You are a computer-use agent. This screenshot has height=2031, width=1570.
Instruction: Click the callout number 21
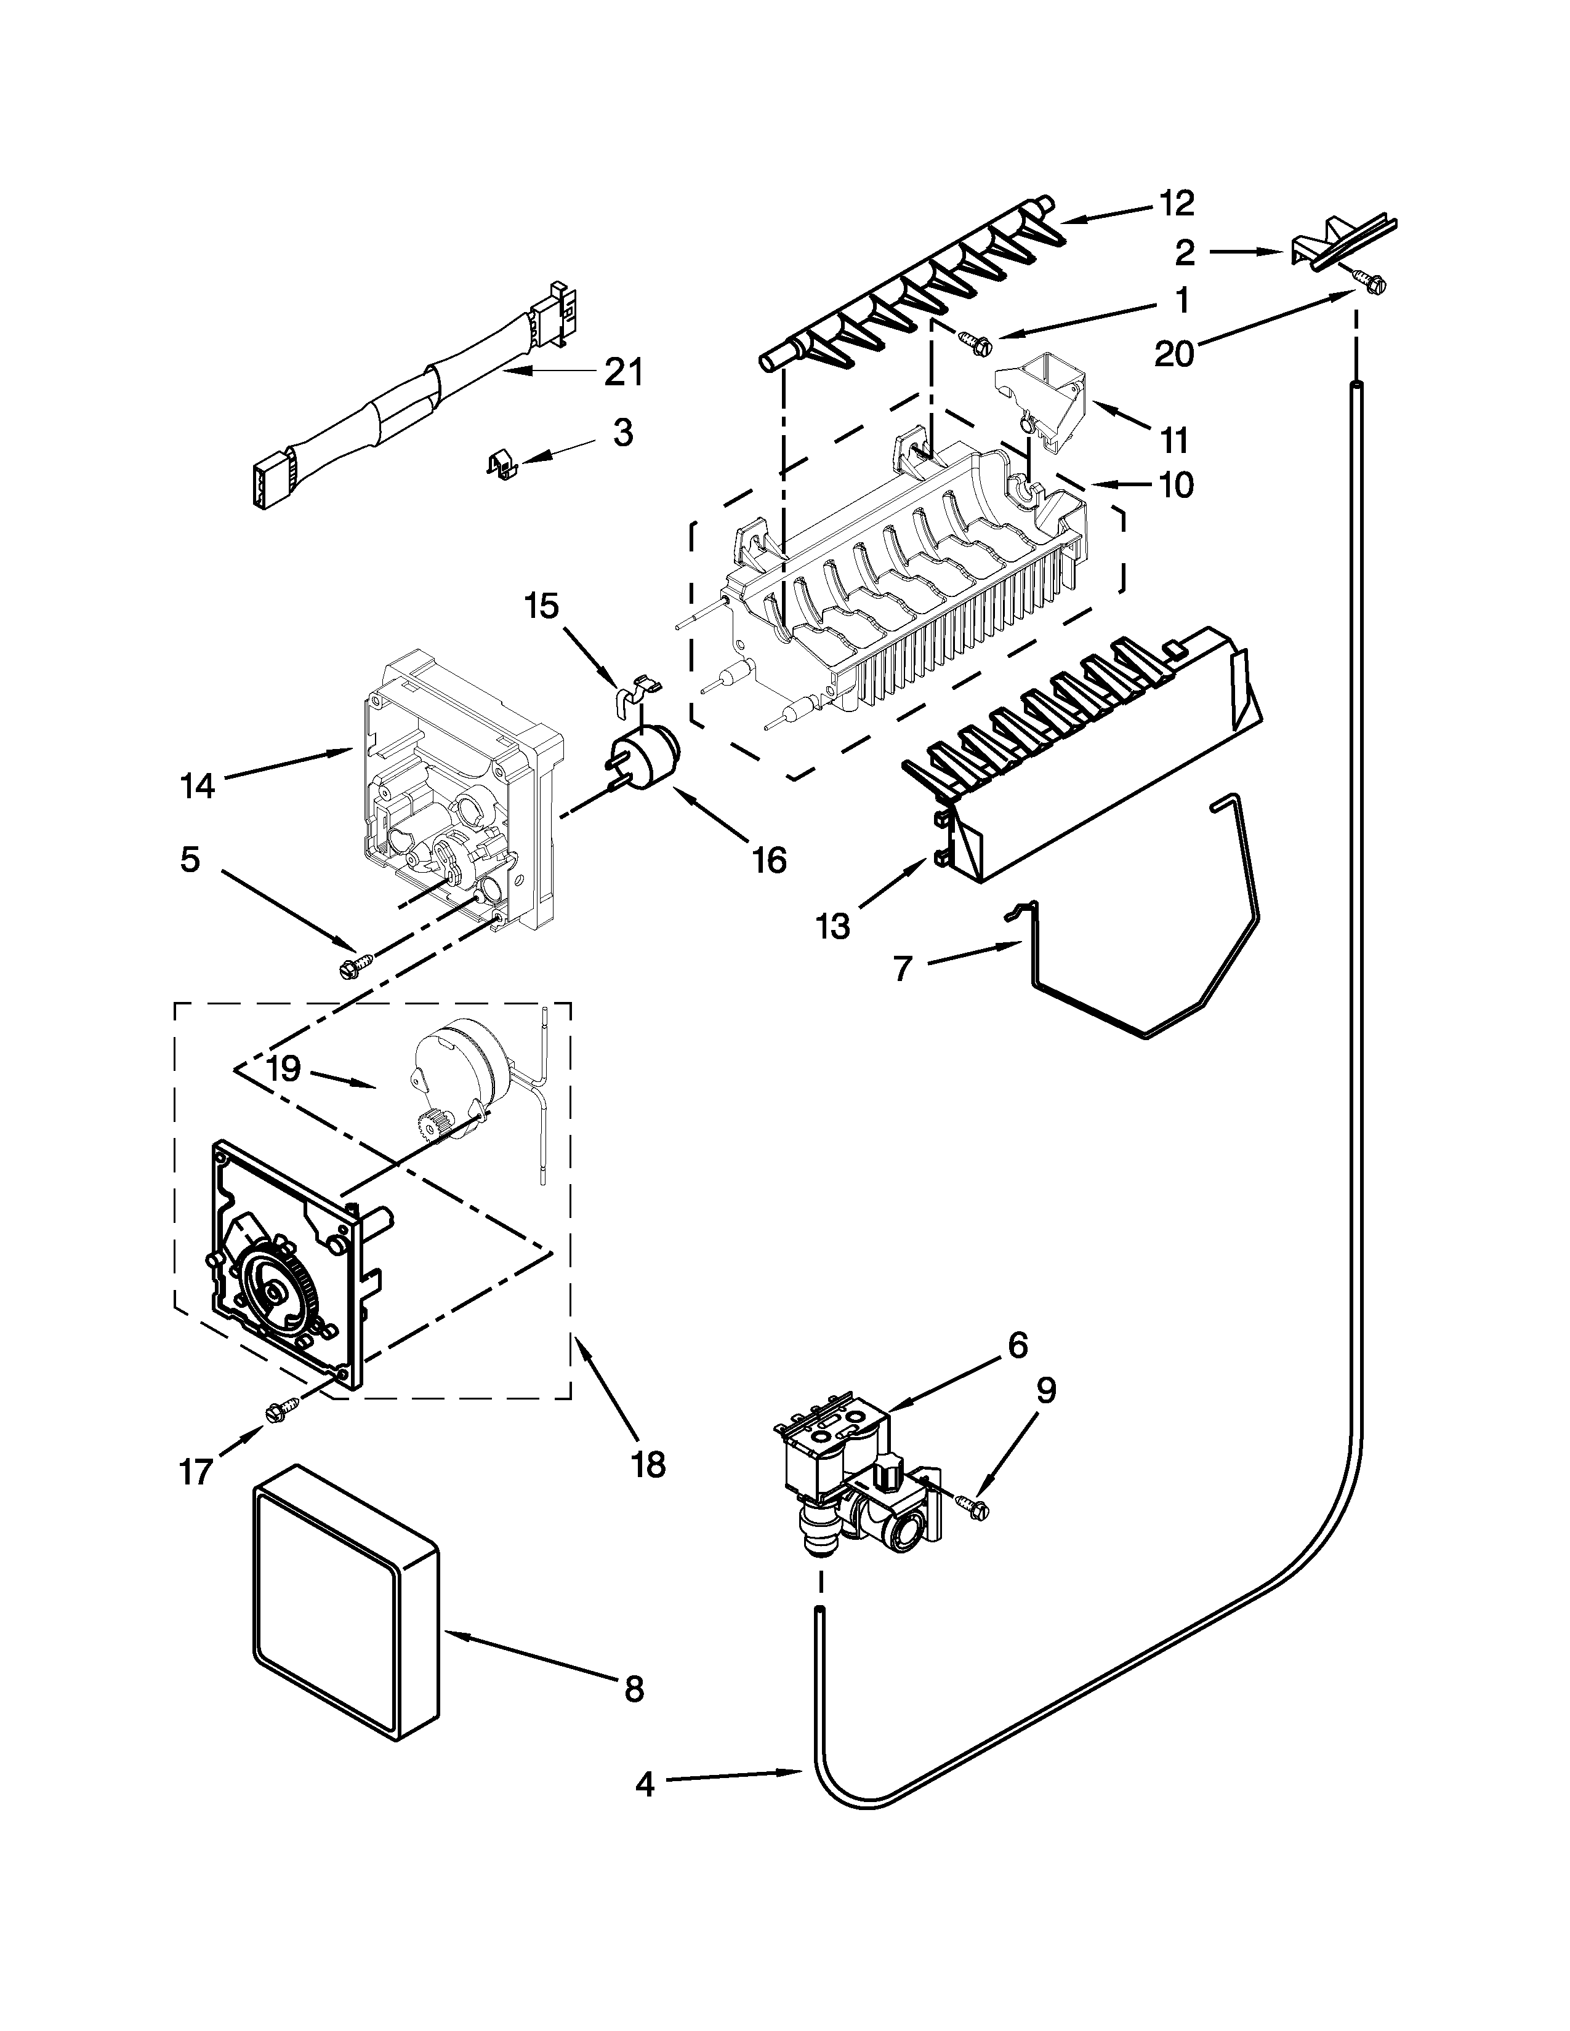tap(623, 372)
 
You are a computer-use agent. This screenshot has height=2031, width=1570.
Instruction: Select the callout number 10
tap(1177, 484)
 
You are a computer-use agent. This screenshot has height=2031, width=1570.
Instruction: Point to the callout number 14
tap(197, 787)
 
